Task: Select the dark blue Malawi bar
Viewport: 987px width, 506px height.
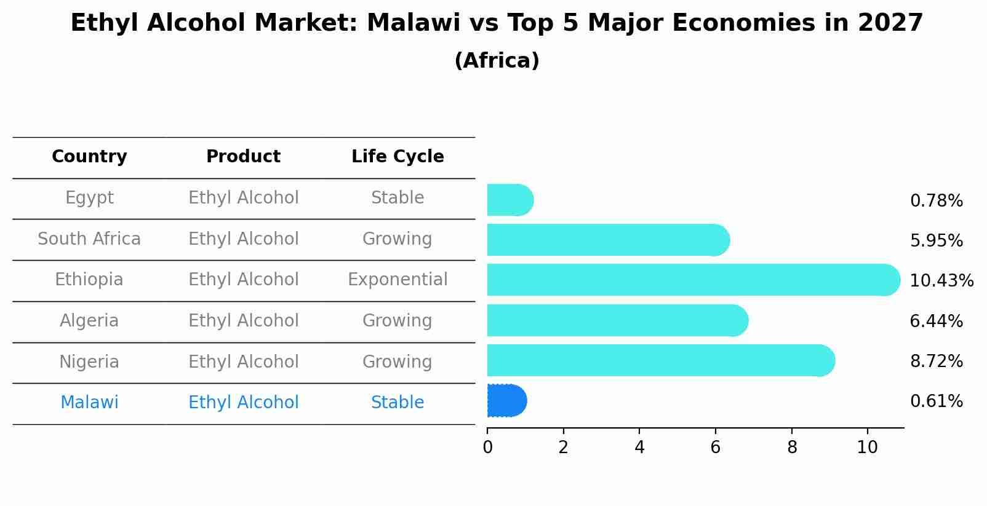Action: click(506, 400)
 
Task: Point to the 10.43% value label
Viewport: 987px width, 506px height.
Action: click(941, 281)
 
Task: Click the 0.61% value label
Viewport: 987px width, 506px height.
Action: click(936, 401)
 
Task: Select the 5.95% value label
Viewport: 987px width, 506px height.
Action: click(936, 240)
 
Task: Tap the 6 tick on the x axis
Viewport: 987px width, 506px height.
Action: click(715, 447)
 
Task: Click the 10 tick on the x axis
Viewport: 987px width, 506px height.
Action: click(867, 447)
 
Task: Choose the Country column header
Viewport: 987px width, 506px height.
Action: click(89, 157)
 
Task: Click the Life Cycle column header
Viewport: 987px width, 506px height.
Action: click(398, 157)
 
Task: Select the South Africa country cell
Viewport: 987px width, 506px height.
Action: click(89, 239)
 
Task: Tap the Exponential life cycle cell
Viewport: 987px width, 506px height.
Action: click(398, 280)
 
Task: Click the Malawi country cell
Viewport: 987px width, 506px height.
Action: click(89, 403)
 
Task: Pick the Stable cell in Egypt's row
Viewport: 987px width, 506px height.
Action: click(398, 198)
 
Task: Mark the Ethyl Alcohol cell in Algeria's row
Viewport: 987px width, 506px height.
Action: click(244, 321)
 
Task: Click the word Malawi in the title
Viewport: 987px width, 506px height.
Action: click(413, 23)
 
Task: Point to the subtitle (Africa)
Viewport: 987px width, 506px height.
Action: click(497, 61)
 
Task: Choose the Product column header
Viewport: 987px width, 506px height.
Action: click(244, 157)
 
